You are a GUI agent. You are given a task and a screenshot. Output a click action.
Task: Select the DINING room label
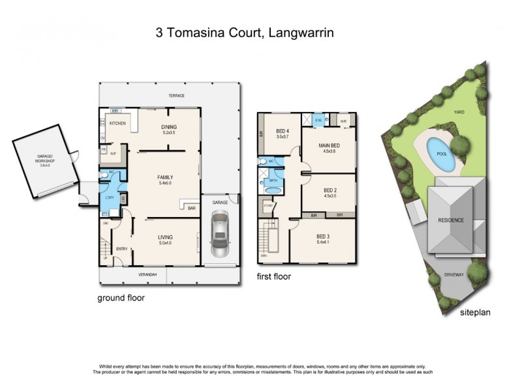coord(169,128)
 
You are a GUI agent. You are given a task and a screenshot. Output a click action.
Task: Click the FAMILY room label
coord(164,177)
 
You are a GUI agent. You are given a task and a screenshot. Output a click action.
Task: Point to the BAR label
coord(192,209)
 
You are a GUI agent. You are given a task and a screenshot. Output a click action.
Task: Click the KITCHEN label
coord(117,123)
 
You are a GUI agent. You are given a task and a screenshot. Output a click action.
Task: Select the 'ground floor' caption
coord(121,298)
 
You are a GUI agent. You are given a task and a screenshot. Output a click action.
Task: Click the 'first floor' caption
coord(274,276)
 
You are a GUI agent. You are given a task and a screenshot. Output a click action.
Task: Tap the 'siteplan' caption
coord(474,312)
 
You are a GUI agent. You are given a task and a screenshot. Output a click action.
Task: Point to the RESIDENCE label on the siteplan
coord(450,220)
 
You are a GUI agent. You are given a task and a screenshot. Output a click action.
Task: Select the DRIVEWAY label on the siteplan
coord(454,275)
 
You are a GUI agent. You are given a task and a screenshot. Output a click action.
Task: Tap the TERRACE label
coord(177,96)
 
